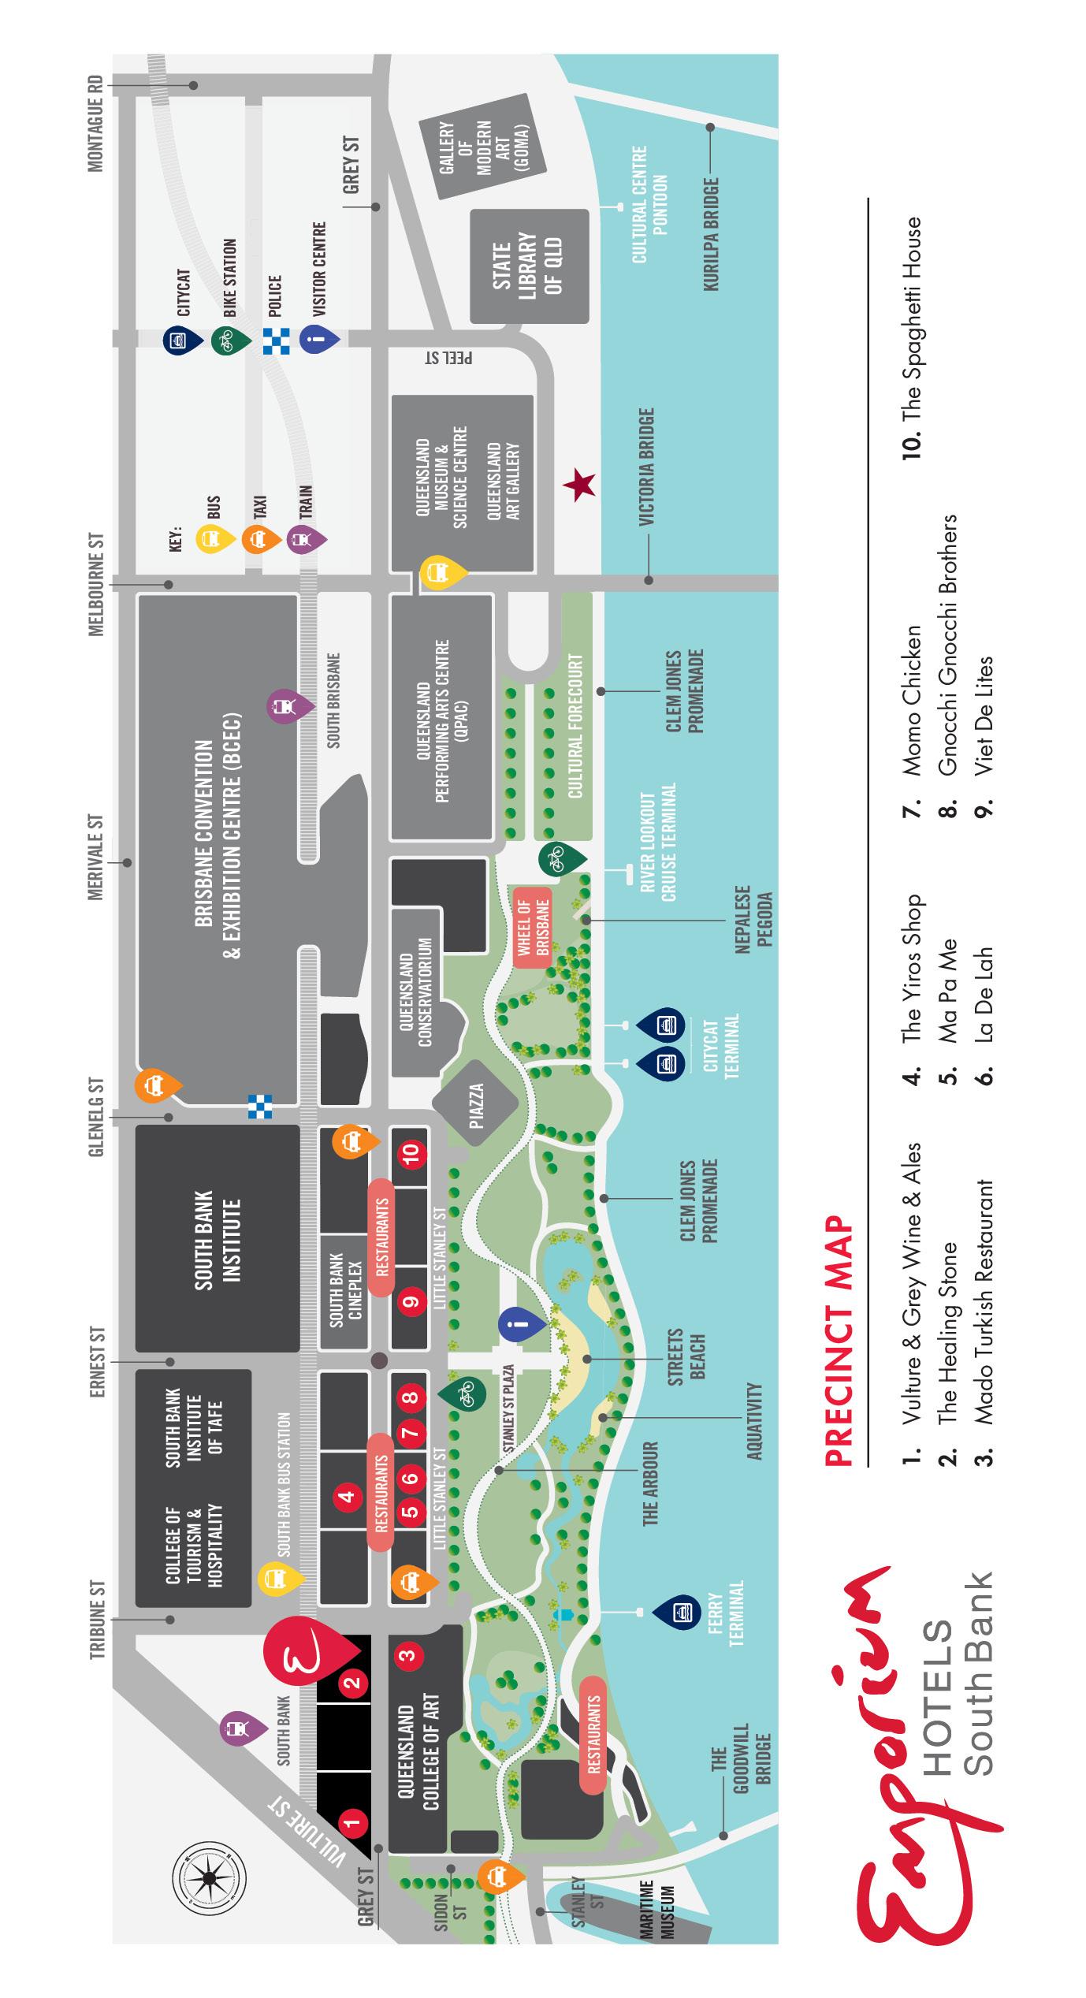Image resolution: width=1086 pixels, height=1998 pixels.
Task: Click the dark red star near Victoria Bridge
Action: point(580,485)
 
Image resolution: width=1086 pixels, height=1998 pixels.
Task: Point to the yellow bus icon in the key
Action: point(214,539)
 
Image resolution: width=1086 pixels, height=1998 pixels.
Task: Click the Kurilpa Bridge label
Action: point(712,234)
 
